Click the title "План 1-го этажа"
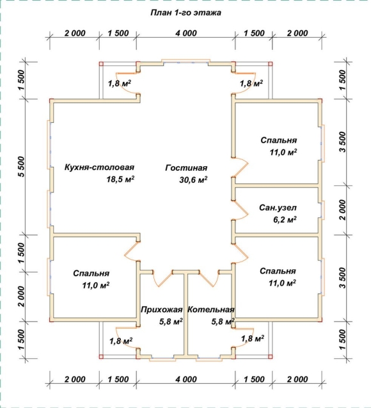pos(185,13)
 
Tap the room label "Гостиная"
pos(186,168)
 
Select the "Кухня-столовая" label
pos(99,167)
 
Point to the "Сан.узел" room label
pos(278,208)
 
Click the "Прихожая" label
pos(161,310)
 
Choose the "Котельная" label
pos(211,310)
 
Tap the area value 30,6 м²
pos(193,180)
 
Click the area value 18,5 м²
pos(120,179)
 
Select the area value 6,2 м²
pos(285,219)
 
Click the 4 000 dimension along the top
pos(186,33)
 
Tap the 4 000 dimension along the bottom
pos(186,379)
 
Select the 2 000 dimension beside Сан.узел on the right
pos(343,210)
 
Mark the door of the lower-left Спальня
pos(130,252)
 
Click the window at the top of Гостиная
pos(185,61)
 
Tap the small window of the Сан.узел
pos(324,210)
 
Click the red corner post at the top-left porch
pos(101,63)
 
